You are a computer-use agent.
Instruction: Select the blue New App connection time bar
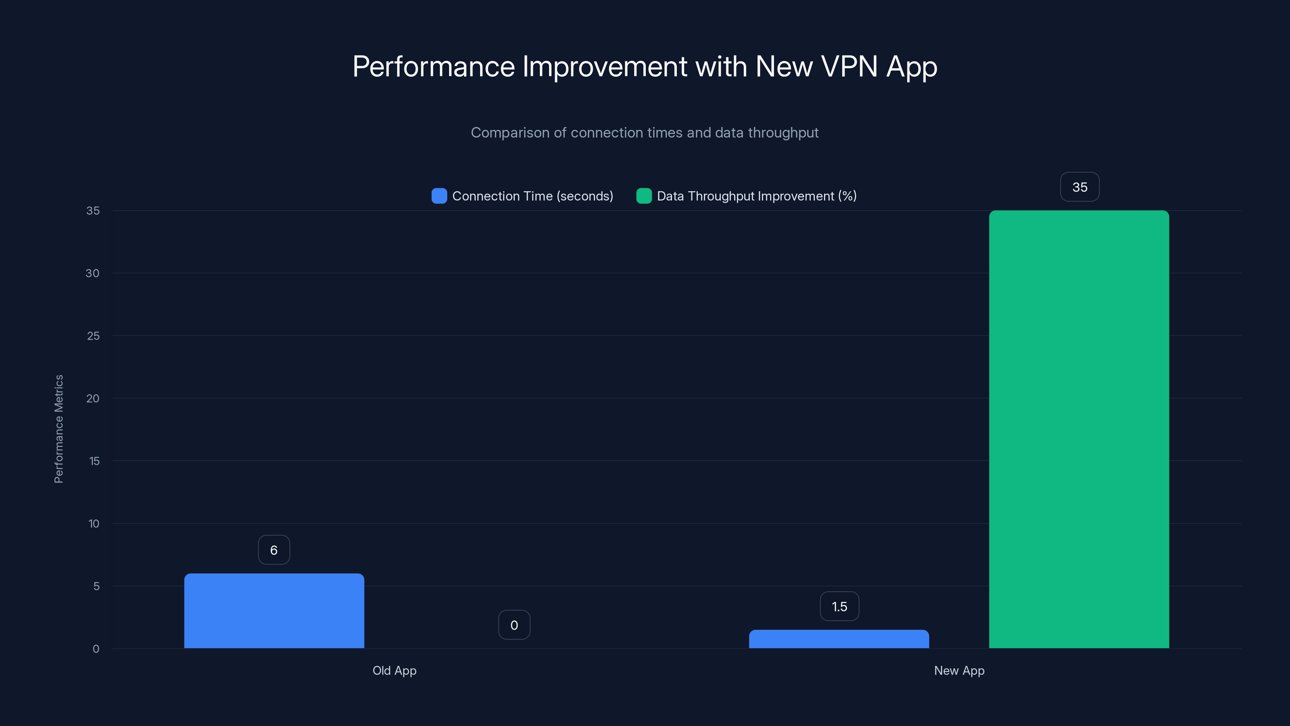click(839, 639)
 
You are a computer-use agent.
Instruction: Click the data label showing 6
click(274, 550)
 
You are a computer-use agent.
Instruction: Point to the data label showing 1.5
click(839, 606)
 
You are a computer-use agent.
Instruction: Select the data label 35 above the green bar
click(1080, 187)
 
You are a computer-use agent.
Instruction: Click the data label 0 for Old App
click(514, 625)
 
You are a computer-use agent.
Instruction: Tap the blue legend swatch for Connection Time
click(439, 196)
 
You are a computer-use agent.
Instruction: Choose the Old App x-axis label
click(395, 670)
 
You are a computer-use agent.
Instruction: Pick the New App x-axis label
click(959, 670)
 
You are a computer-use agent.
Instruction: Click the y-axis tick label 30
click(93, 273)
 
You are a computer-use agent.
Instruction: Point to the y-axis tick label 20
click(93, 398)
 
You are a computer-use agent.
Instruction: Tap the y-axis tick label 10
click(94, 524)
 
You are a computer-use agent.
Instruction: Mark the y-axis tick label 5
click(96, 586)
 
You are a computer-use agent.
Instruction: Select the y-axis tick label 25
click(93, 336)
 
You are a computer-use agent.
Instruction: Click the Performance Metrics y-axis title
click(58, 429)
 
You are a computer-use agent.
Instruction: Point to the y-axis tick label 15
click(94, 461)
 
